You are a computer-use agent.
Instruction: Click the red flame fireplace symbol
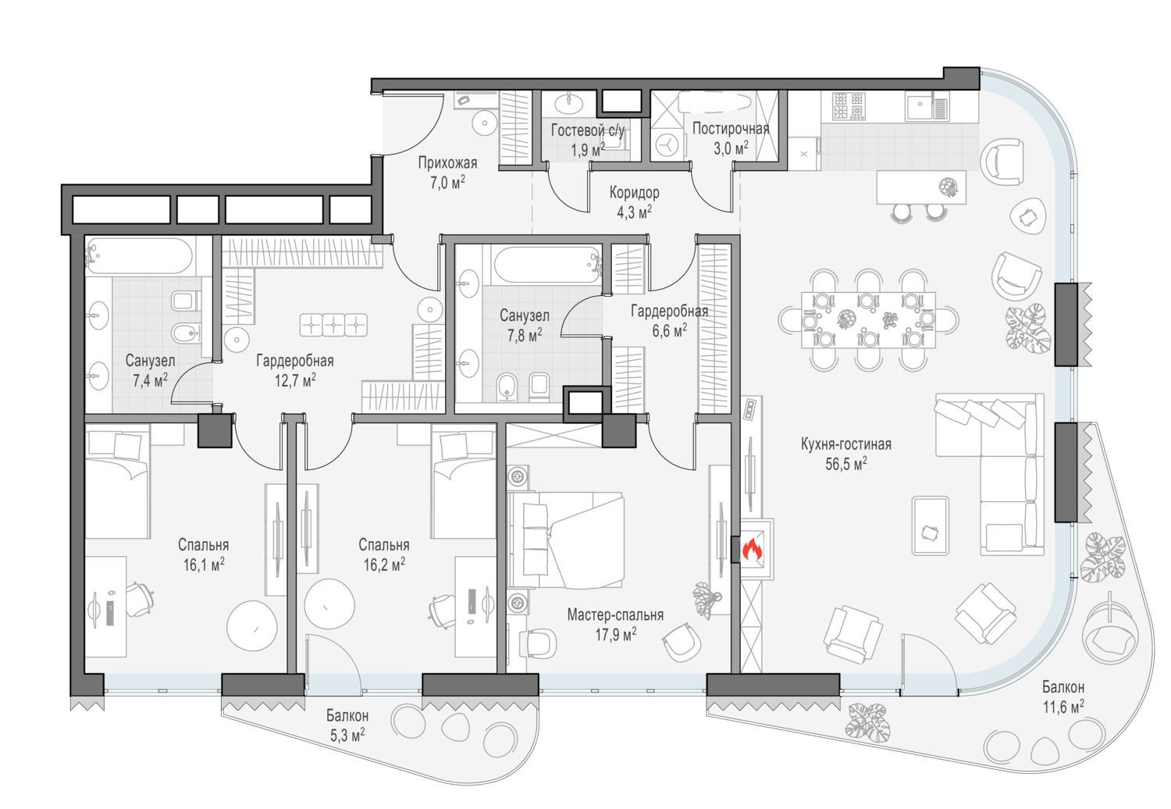point(753,550)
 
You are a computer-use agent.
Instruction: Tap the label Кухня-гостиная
point(845,444)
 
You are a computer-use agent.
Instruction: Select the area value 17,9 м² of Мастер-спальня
point(615,634)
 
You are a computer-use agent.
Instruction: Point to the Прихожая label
point(447,162)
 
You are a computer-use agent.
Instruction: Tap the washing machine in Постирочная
point(667,145)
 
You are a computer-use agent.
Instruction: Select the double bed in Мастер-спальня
point(566,539)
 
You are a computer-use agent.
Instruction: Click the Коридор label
point(634,192)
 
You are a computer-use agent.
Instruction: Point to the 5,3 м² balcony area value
point(347,736)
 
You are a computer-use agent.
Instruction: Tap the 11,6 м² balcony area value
point(1063,707)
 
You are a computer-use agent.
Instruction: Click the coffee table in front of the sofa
point(930,525)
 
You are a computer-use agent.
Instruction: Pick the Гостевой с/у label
point(588,130)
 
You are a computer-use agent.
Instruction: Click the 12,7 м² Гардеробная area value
point(295,380)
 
